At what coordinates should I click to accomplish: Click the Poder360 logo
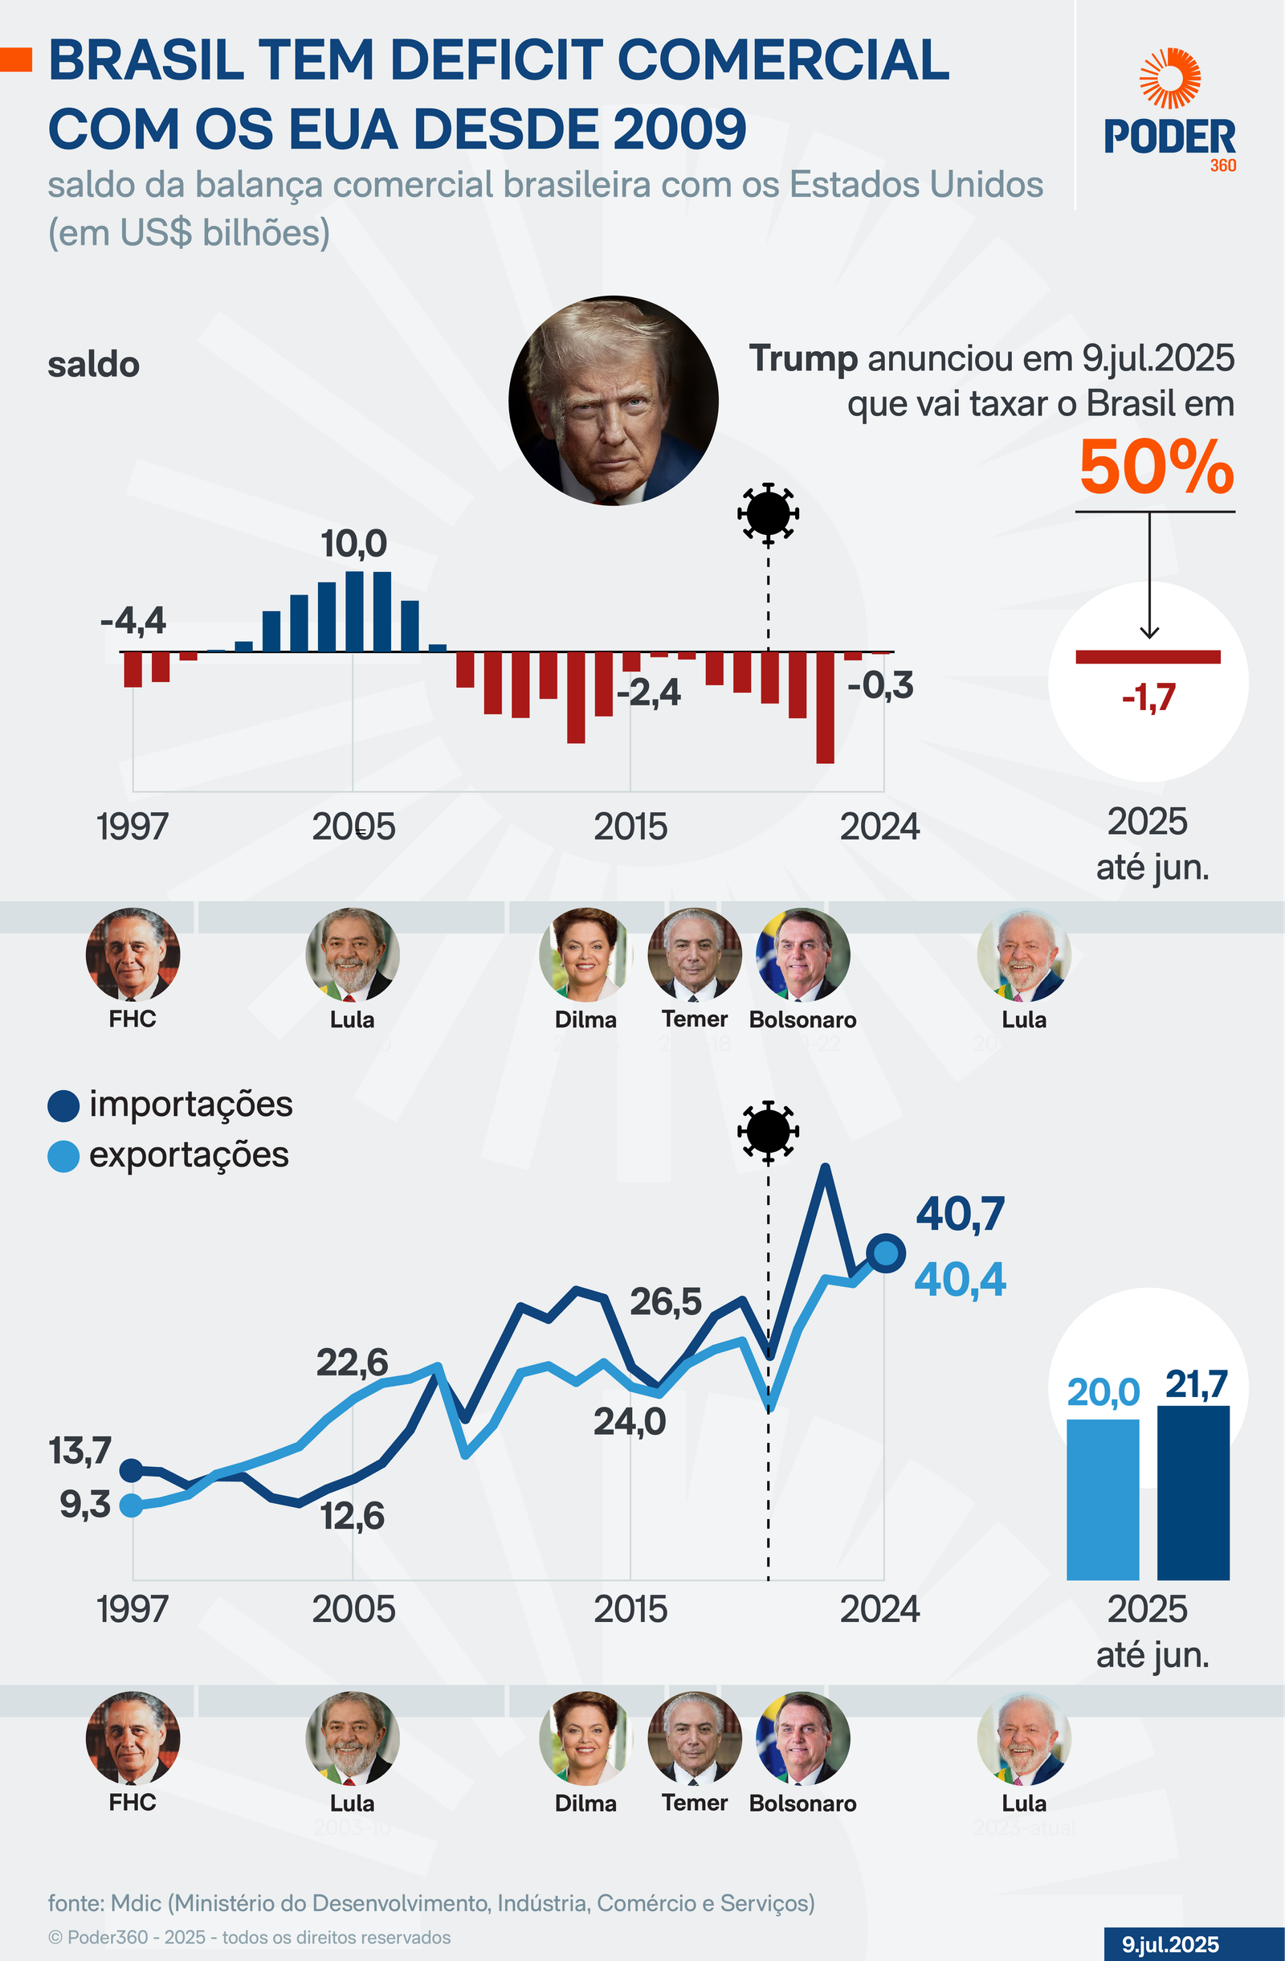1169,110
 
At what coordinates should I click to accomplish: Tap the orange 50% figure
1156,468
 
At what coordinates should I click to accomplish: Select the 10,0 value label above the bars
353,544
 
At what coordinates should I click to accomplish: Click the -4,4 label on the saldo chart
133,620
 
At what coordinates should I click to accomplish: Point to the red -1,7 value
1148,698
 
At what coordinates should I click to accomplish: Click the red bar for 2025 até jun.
1148,656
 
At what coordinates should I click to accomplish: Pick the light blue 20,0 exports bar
1102,1499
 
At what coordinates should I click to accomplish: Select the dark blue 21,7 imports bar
1193,1492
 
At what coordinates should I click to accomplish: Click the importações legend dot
63,1105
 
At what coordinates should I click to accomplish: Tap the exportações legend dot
63,1156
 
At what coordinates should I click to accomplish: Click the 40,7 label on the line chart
961,1214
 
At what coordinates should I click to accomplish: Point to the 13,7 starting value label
80,1451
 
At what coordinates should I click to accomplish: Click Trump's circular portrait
614,400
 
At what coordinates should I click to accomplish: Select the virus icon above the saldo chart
768,513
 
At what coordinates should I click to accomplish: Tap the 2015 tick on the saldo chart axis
630,827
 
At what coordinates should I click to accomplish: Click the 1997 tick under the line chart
133,1609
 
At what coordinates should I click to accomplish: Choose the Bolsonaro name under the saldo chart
802,1020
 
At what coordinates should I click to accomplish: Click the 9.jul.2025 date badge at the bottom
1169,1944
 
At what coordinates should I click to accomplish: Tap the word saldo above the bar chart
94,365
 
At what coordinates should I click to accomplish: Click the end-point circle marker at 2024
886,1253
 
